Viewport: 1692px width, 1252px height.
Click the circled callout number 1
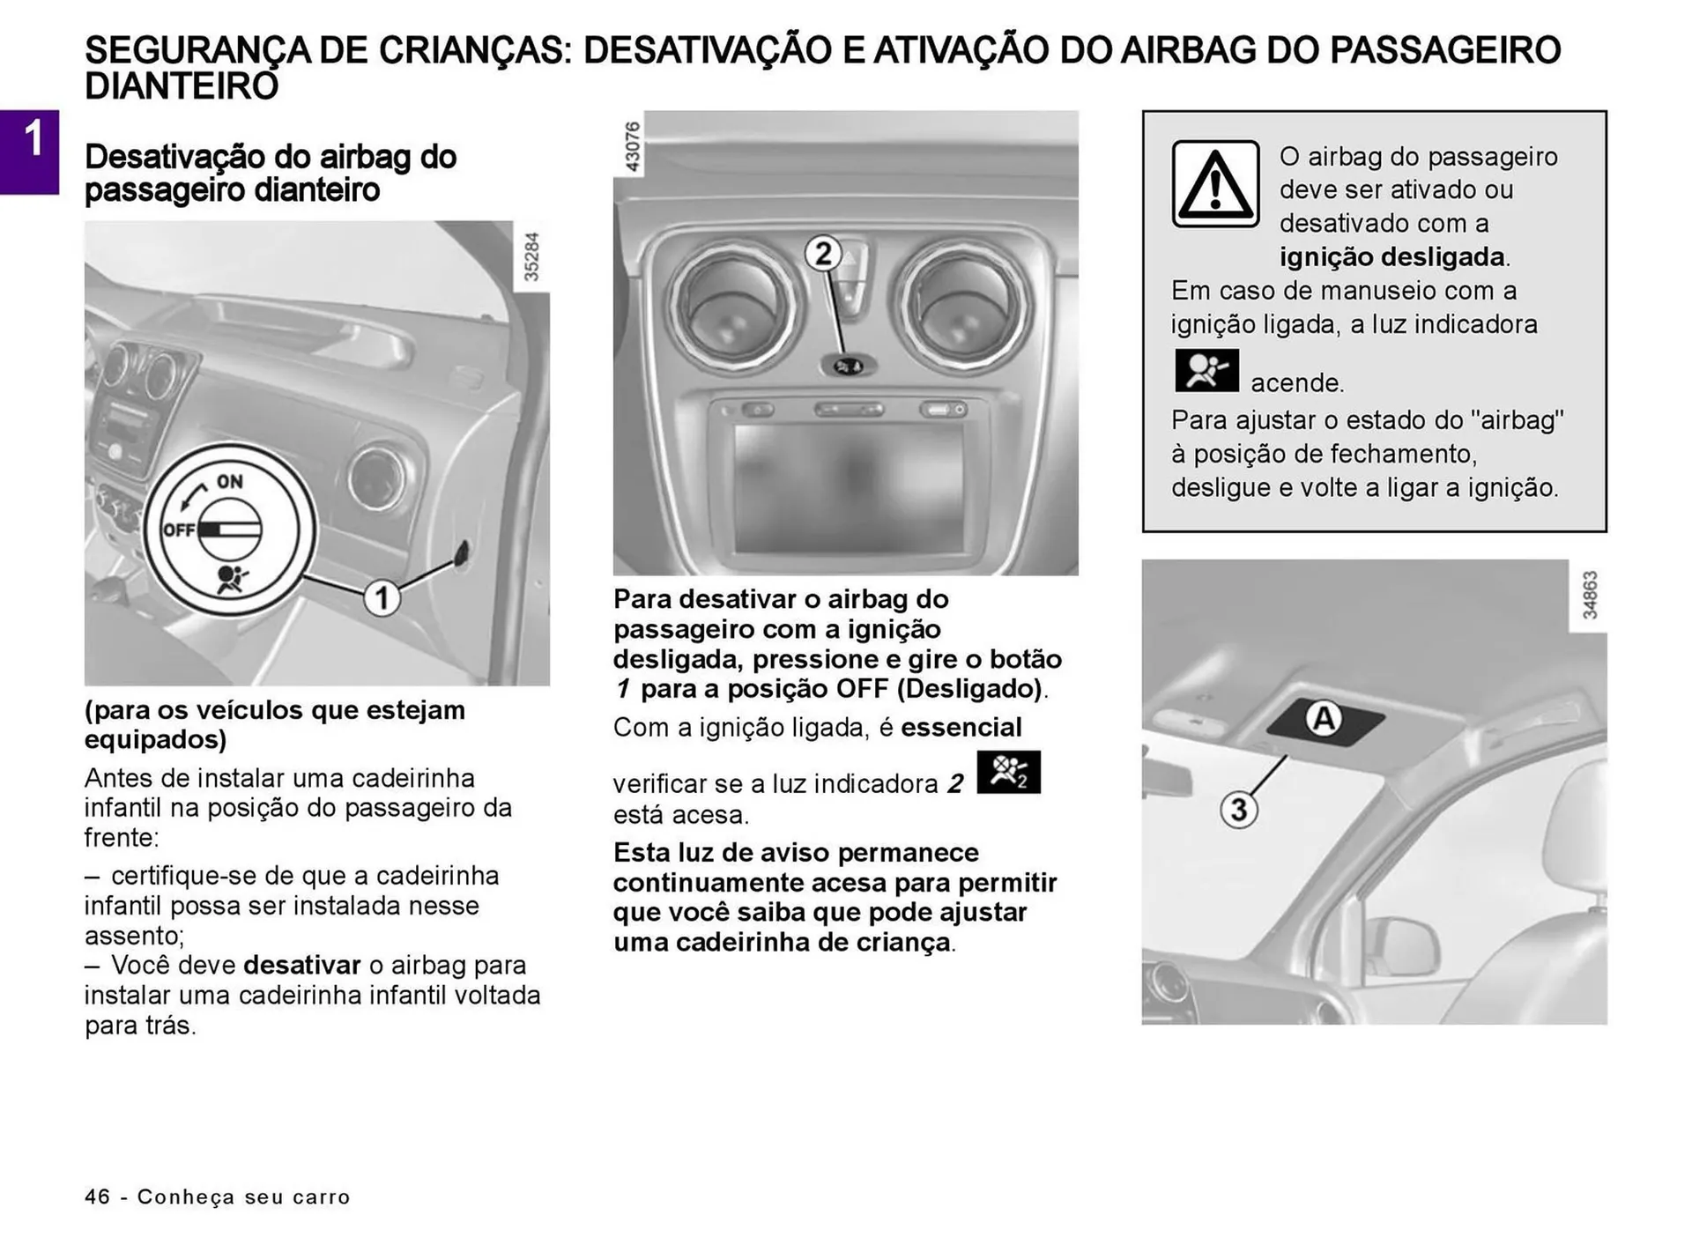coord(382,599)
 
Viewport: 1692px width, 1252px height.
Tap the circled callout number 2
coord(822,254)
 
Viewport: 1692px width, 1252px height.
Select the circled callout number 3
coord(1238,809)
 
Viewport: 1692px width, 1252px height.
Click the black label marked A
coord(1324,720)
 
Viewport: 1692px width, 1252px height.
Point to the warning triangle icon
coord(1215,184)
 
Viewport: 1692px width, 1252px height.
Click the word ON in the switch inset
coord(230,481)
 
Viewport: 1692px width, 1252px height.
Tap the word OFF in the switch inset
coord(179,530)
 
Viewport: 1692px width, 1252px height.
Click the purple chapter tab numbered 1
coord(30,152)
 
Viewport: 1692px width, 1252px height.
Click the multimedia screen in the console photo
coord(848,487)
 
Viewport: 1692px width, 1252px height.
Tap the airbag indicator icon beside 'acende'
coord(1206,371)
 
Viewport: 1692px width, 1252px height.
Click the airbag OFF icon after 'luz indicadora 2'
coord(1008,772)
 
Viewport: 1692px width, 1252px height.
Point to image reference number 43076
coord(631,146)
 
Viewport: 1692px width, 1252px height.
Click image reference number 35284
coord(531,256)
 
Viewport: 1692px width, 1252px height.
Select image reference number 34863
coord(1588,596)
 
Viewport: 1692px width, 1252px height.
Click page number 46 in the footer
coord(97,1196)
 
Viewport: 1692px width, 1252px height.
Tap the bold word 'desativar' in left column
coord(302,965)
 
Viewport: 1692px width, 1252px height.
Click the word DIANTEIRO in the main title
coord(182,87)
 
